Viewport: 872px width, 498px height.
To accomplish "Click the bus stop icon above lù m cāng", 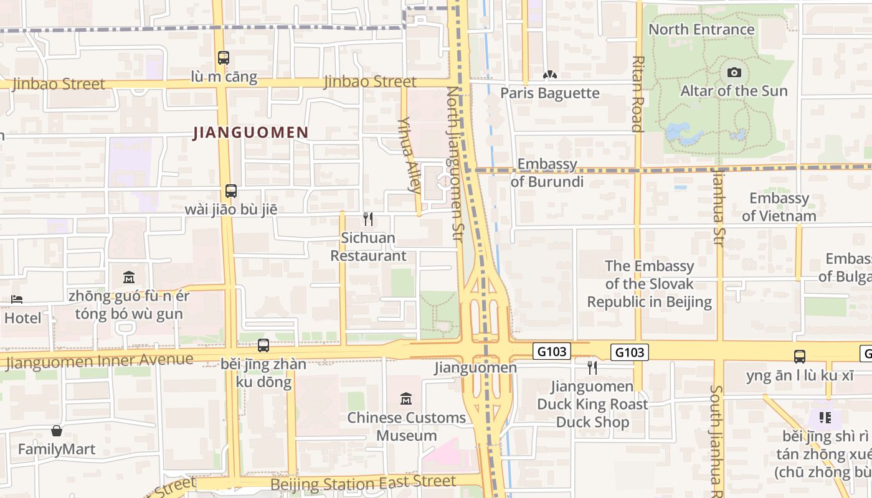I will (224, 58).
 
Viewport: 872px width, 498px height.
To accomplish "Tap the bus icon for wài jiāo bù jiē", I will (231, 190).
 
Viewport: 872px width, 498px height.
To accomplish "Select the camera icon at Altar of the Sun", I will (734, 73).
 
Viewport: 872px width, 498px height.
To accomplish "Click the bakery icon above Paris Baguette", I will (549, 75).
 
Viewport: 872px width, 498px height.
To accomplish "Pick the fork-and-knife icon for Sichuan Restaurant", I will (368, 219).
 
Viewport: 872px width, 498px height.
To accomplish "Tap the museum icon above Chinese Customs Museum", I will (406, 398).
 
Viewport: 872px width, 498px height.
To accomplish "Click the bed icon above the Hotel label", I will (17, 299).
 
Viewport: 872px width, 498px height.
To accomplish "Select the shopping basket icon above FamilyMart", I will (57, 431).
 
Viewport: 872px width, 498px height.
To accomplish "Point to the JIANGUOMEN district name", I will (251, 133).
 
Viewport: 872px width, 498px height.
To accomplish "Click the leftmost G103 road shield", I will (552, 352).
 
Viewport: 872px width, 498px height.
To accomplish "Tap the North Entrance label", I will (701, 29).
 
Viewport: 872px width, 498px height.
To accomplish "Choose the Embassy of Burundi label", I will (547, 172).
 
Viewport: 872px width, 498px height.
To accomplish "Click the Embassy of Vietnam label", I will (779, 207).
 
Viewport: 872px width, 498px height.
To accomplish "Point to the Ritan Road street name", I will (637, 93).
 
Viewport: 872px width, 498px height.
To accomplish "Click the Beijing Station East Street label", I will (363, 482).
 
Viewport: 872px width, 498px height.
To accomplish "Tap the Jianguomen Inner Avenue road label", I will (100, 361).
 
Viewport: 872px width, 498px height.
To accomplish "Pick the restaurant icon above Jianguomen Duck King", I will (592, 368).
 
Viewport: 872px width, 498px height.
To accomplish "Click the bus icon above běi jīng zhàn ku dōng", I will (263, 345).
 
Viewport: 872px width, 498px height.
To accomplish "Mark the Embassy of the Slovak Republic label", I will (649, 284).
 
